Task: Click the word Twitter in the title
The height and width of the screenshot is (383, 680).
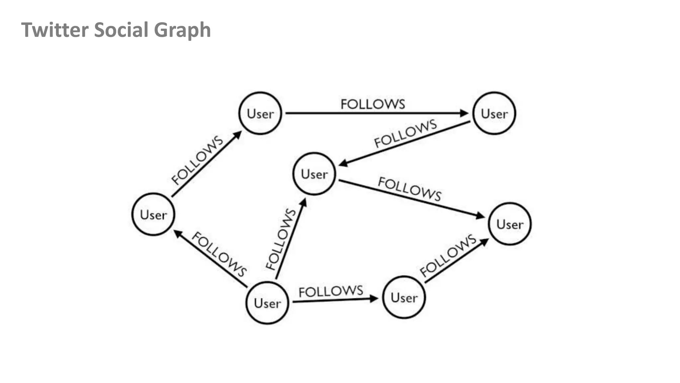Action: (x=55, y=30)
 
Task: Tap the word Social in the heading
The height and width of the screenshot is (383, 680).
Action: (x=121, y=30)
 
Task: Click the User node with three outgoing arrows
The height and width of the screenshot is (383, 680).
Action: (x=267, y=303)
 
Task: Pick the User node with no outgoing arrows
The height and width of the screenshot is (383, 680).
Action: (x=510, y=224)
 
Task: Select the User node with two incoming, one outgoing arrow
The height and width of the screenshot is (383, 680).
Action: (x=314, y=174)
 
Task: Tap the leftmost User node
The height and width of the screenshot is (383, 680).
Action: (x=153, y=214)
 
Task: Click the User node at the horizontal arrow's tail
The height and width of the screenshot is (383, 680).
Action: (x=260, y=114)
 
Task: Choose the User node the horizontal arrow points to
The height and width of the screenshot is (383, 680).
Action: (x=494, y=114)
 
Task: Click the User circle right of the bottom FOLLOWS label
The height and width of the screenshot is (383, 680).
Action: (x=404, y=297)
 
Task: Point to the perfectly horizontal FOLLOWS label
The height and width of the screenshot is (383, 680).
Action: (x=373, y=104)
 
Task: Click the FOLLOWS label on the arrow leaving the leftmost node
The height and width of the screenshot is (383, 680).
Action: (x=197, y=160)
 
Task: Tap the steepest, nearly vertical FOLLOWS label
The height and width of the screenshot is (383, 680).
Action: (x=281, y=239)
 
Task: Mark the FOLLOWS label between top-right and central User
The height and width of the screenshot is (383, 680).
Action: (x=405, y=133)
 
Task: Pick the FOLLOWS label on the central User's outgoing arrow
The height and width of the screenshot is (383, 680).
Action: (x=410, y=189)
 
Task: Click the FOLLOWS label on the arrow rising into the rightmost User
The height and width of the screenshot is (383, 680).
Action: (x=448, y=255)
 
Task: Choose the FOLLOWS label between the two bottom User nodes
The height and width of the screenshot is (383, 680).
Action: (x=331, y=291)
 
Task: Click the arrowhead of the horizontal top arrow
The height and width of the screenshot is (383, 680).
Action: (x=464, y=113)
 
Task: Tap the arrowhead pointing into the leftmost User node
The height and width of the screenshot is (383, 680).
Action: (x=178, y=233)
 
